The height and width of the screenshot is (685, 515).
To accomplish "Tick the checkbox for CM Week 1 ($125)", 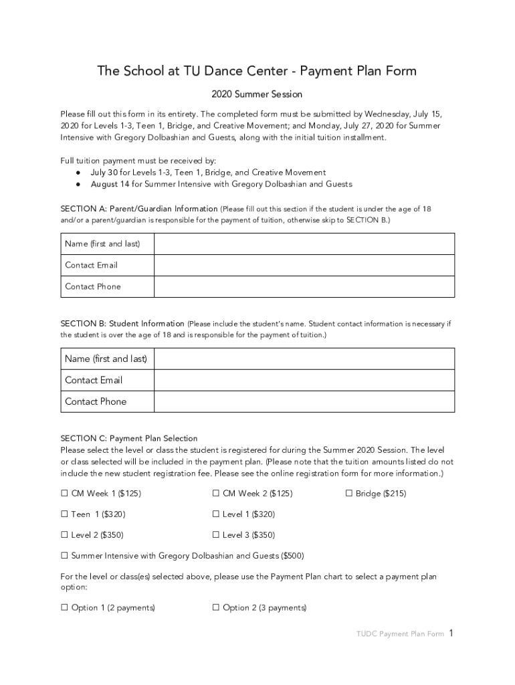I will [65, 494].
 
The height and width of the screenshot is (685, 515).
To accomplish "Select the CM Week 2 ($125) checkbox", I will [216, 494].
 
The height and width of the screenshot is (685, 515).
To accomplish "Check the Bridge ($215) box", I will [349, 494].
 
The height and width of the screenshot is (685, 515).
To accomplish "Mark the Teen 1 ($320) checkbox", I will [65, 514].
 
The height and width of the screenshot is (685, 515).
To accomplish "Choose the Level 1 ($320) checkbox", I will [216, 514].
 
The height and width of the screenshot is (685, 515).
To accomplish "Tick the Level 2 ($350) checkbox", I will [65, 535].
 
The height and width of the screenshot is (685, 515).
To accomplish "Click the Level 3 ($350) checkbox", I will [216, 535].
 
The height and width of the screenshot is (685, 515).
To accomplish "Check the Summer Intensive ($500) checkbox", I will [65, 556].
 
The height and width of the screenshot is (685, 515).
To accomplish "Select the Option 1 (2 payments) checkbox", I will [65, 608].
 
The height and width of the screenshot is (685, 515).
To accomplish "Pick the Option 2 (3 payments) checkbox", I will [216, 608].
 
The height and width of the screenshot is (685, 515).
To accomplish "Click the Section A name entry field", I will [304, 243].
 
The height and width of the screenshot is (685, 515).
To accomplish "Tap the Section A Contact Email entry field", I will [304, 265].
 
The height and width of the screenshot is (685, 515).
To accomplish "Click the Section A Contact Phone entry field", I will [304, 286].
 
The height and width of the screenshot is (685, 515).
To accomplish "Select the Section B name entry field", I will [304, 359].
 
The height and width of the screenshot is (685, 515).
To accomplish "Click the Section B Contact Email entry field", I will [304, 380].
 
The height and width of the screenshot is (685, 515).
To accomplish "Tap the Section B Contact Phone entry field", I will [304, 401].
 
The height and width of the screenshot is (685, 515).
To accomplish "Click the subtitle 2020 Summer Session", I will [257, 94].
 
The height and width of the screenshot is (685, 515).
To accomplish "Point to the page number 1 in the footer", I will [452, 633].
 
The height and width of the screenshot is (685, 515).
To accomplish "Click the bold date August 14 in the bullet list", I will [101, 184].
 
